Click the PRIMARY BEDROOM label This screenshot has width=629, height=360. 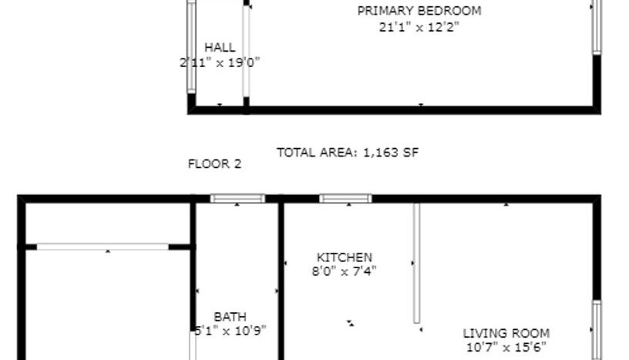coord(419,11)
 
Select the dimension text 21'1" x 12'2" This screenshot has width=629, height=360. coord(419,27)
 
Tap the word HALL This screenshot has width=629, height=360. coord(220,48)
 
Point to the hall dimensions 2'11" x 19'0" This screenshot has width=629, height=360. coord(220,62)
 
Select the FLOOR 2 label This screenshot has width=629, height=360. coord(214,163)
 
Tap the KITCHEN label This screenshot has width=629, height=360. coord(345,257)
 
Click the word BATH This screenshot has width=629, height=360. coord(230,317)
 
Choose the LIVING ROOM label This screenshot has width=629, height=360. coord(506,334)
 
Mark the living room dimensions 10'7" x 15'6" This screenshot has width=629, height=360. coord(506,347)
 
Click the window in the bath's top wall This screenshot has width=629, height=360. coord(237,199)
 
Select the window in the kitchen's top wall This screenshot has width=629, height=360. coord(345,199)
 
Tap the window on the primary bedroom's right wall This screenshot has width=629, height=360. coord(596,27)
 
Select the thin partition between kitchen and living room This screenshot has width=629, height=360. coord(416,262)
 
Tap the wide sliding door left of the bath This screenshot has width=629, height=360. coord(103,247)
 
